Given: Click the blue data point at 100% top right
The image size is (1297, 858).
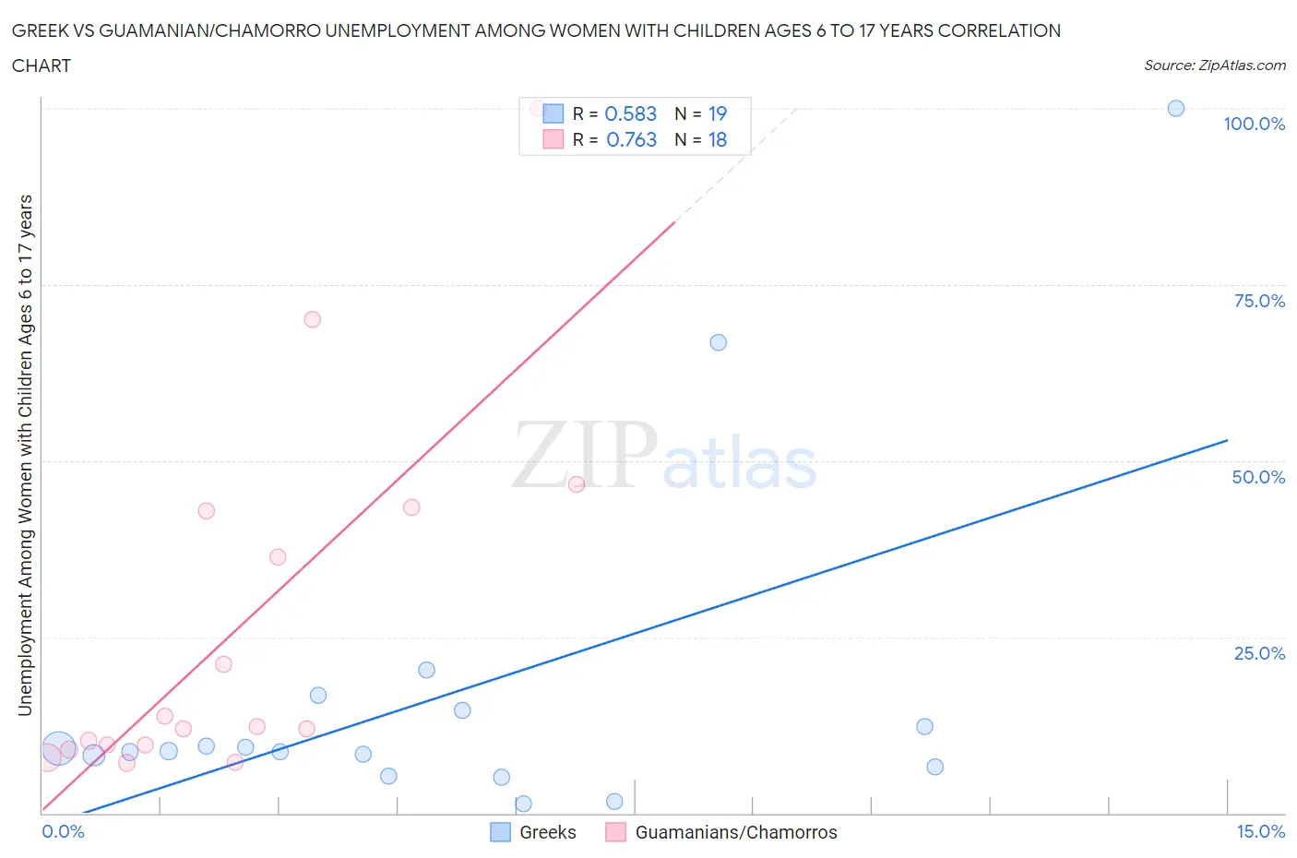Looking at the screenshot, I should click(x=1175, y=109).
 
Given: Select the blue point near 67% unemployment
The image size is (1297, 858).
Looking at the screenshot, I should click(x=718, y=342).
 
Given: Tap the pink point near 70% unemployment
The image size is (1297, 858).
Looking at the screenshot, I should click(x=312, y=319).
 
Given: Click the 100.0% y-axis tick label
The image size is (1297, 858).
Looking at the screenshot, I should click(x=1254, y=125).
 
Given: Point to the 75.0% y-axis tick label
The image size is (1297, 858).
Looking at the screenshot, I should click(x=1258, y=301).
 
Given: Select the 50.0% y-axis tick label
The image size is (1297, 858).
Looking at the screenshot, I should click(x=1257, y=477).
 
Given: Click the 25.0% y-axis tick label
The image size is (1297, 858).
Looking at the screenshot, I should click(x=1258, y=653).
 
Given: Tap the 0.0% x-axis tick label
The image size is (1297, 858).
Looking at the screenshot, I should click(x=63, y=831).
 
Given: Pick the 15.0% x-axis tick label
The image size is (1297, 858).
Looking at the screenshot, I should click(x=1260, y=831).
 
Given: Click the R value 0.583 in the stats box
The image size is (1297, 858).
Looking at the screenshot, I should click(x=630, y=113).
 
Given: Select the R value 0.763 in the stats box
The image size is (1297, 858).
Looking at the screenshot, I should click(x=631, y=139).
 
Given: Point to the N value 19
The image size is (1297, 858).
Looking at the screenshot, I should click(x=717, y=113).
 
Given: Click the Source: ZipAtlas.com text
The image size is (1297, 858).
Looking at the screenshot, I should click(x=1214, y=66).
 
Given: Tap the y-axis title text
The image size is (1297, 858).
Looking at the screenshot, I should click(x=25, y=455).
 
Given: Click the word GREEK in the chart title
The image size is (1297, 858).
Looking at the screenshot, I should click(x=42, y=30).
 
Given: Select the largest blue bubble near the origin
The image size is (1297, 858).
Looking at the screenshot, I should click(x=59, y=747).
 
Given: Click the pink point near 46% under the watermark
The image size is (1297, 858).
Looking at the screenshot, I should click(x=576, y=484).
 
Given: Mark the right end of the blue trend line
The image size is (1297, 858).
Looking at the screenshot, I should click(x=1227, y=440).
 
